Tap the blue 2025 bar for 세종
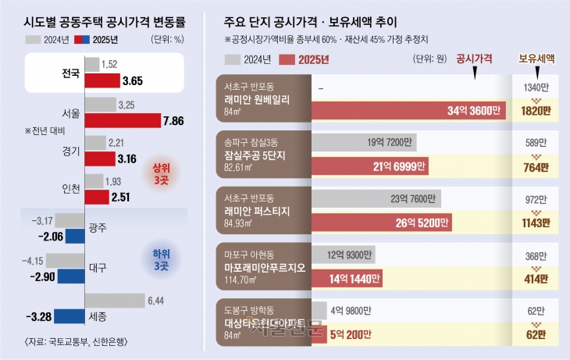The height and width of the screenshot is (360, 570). click(67, 315)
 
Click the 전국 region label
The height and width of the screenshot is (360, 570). click(70, 74)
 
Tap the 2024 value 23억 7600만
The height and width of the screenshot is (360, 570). click(416, 198)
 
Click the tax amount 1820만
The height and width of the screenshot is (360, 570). click(536, 111)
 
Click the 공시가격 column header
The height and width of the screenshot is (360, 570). click(475, 58)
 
